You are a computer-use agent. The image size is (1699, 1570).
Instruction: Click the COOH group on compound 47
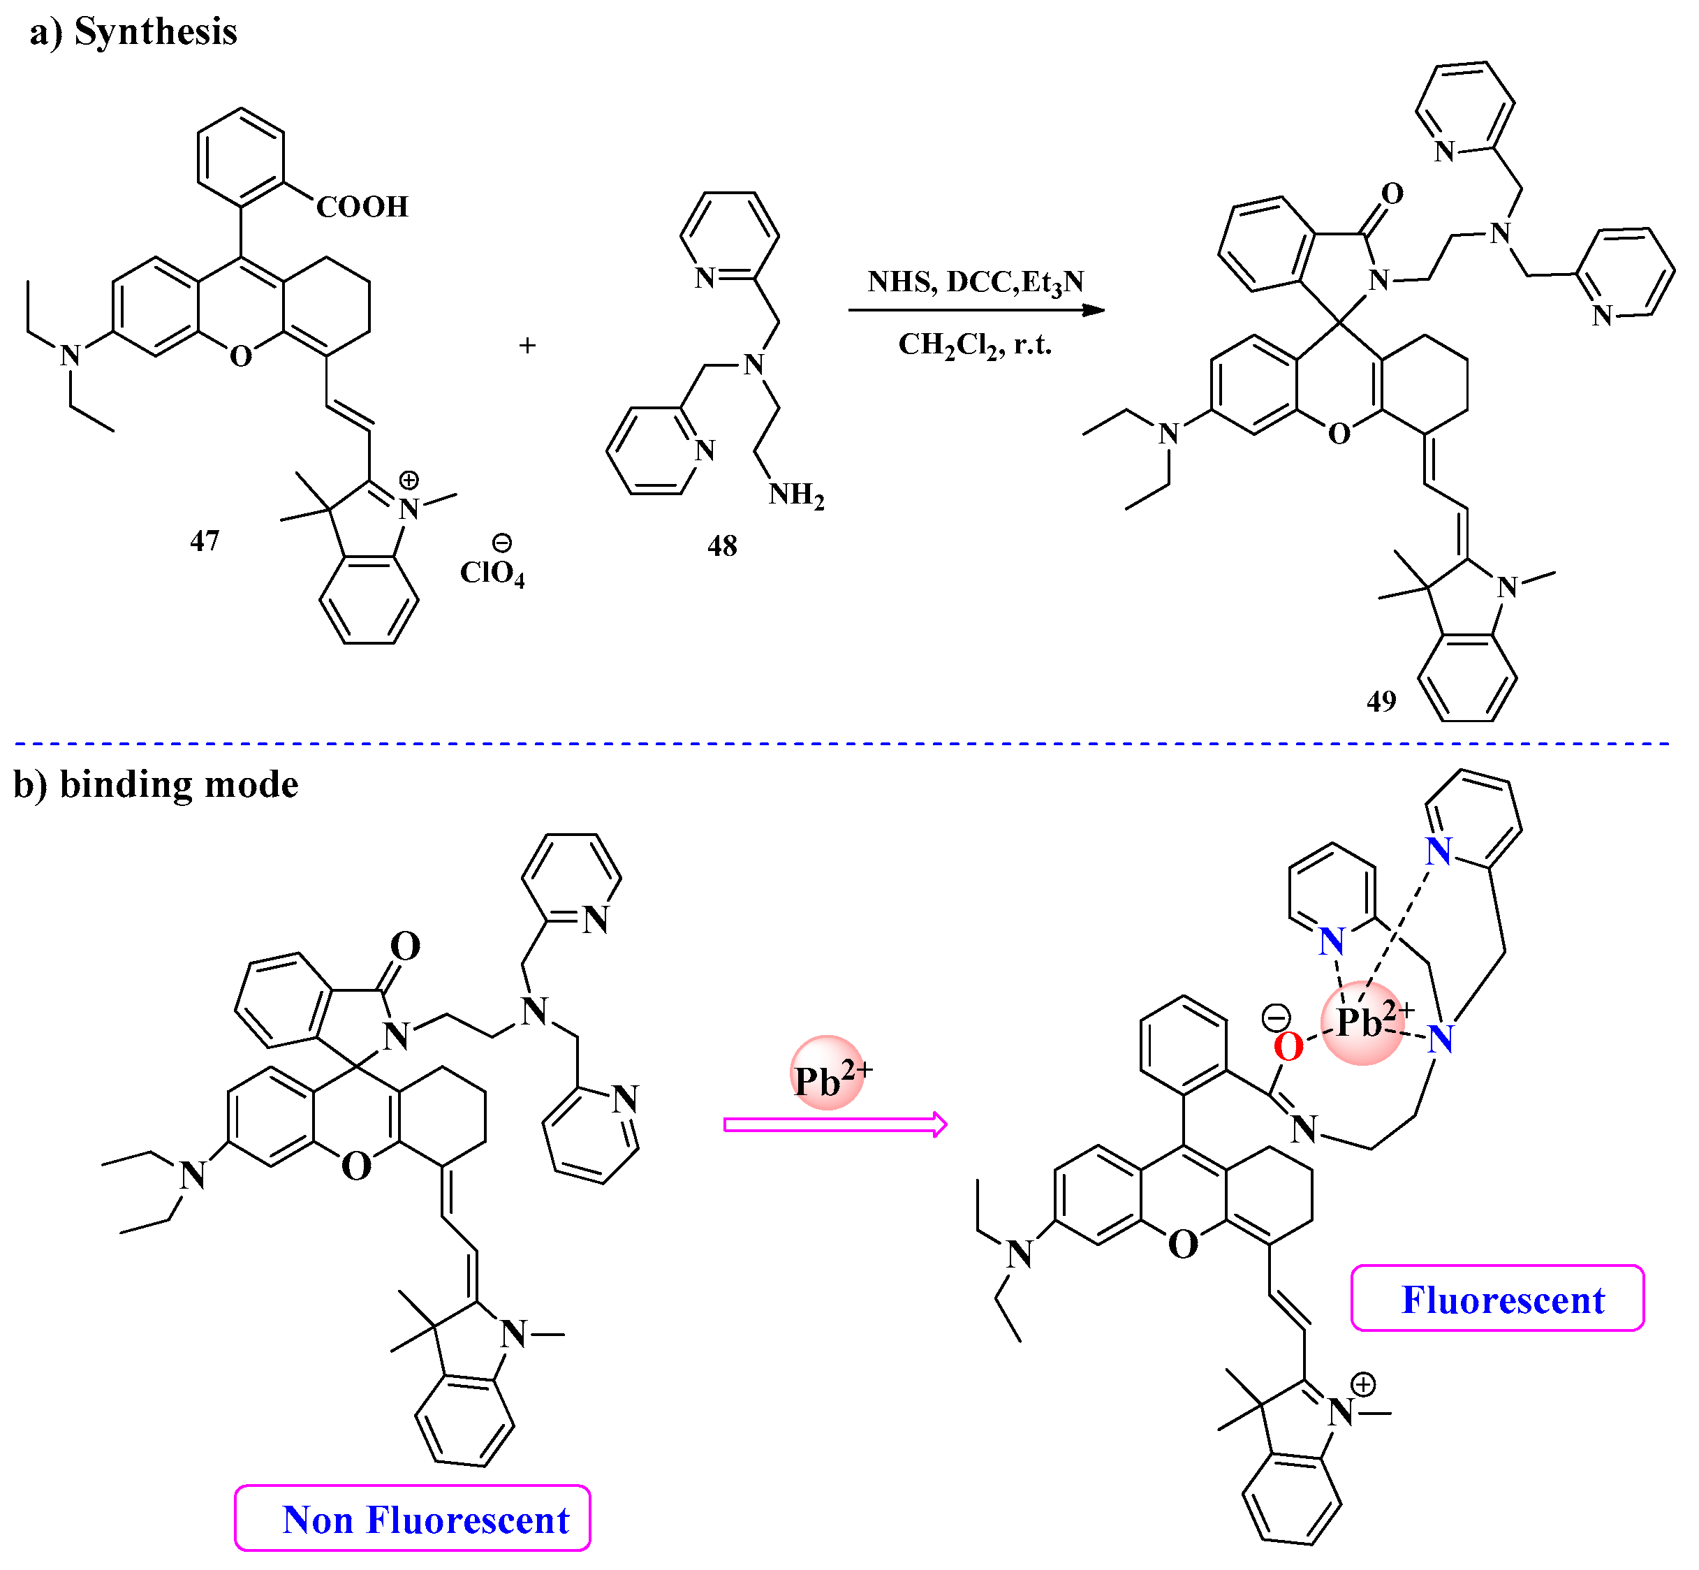click(x=362, y=207)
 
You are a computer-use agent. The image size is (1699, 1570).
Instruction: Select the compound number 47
click(x=205, y=541)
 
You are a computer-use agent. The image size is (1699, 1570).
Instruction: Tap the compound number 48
click(x=722, y=546)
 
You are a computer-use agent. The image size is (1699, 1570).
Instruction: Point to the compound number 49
click(x=1381, y=701)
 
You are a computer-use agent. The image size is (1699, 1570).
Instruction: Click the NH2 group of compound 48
click(x=796, y=494)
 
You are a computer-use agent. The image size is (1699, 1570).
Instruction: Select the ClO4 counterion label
click(x=492, y=573)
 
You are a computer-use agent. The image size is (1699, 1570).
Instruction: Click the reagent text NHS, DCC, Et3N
click(x=976, y=281)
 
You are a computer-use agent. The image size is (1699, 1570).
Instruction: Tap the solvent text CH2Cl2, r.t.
click(x=976, y=345)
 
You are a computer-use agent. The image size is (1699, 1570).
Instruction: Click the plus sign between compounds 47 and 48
click(x=527, y=345)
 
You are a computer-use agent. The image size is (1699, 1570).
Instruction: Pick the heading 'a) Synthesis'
click(x=133, y=32)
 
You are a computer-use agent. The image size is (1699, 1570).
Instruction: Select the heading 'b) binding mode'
click(x=156, y=784)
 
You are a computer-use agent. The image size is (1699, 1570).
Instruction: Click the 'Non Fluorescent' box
click(x=413, y=1520)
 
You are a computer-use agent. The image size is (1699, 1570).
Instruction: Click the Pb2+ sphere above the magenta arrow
click(x=828, y=1073)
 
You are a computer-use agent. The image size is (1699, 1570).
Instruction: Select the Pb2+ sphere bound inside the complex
click(x=1362, y=1023)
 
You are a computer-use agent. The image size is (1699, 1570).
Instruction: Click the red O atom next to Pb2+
click(x=1288, y=1048)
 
